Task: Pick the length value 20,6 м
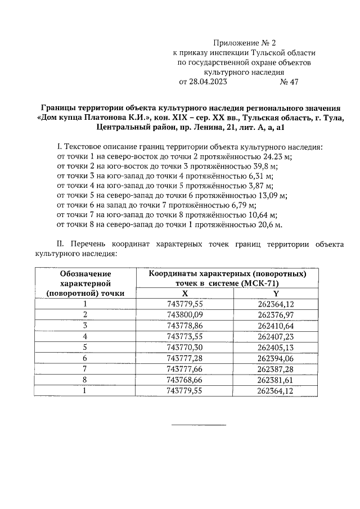coord(267,224)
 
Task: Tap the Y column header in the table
coord(276,293)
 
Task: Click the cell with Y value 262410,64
coord(276,325)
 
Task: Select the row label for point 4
coord(85,336)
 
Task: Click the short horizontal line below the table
coord(197,425)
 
